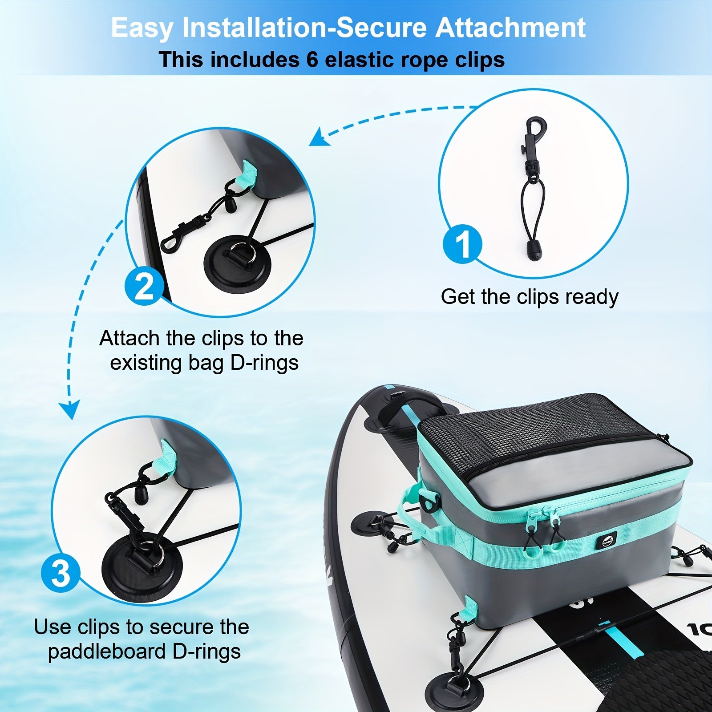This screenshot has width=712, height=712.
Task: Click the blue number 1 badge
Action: click(x=462, y=244)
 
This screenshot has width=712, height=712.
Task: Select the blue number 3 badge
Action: click(x=61, y=574)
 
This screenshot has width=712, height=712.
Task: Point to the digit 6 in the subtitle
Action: click(x=312, y=60)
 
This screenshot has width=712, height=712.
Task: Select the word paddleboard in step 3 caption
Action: click(x=107, y=652)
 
